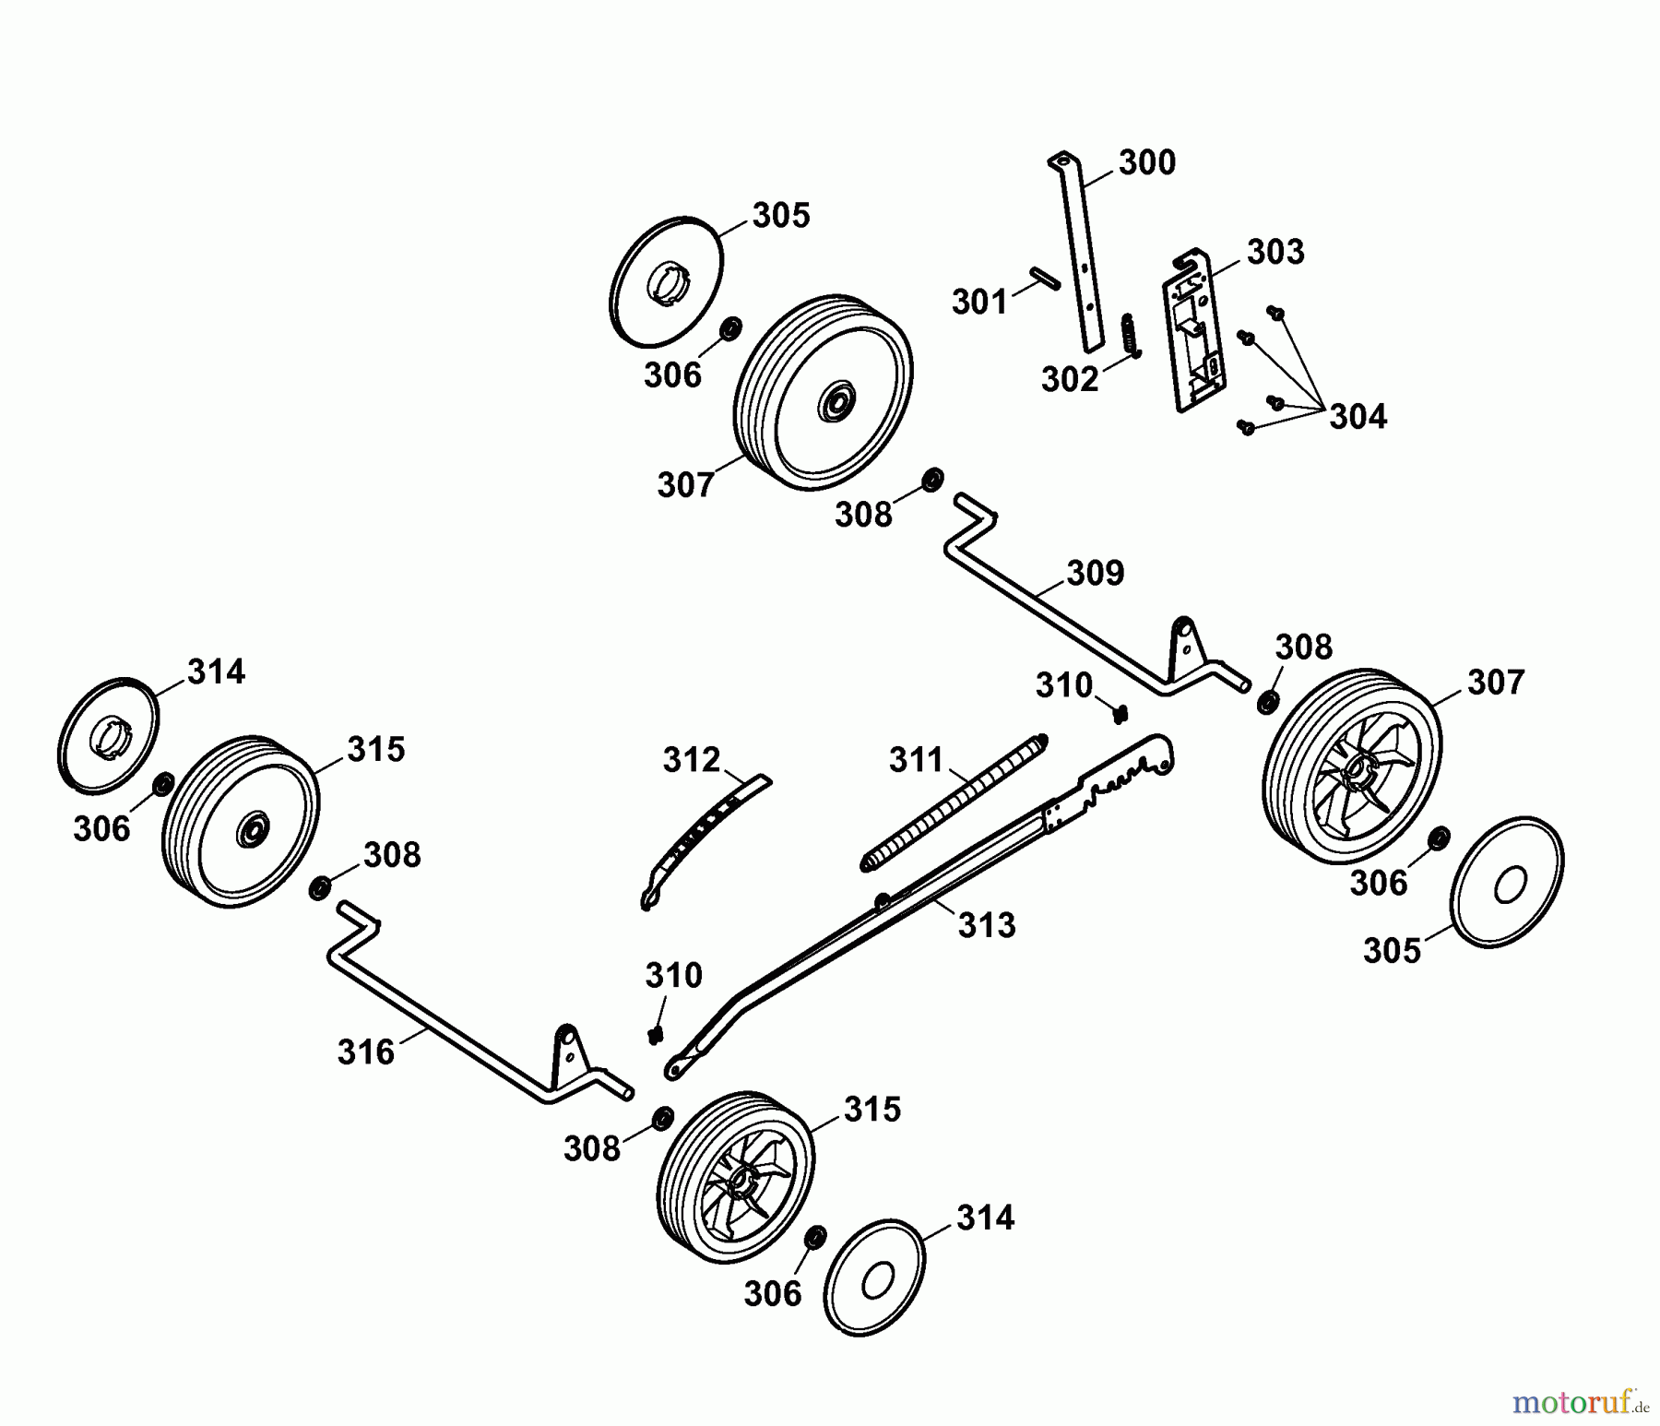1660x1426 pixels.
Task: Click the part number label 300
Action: (1146, 163)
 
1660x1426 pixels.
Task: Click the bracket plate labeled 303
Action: (1195, 330)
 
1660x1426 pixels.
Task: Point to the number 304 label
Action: (1358, 417)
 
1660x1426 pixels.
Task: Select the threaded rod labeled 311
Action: (955, 801)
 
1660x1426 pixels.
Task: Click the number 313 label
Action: (986, 925)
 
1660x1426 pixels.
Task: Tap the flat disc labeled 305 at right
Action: (1507, 882)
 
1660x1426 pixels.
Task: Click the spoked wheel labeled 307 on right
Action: (1350, 766)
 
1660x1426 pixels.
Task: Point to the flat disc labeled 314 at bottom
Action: (874, 1277)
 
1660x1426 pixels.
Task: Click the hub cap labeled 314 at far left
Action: (108, 733)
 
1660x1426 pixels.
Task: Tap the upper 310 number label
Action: (1063, 685)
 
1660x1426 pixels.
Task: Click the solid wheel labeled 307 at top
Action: (824, 395)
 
